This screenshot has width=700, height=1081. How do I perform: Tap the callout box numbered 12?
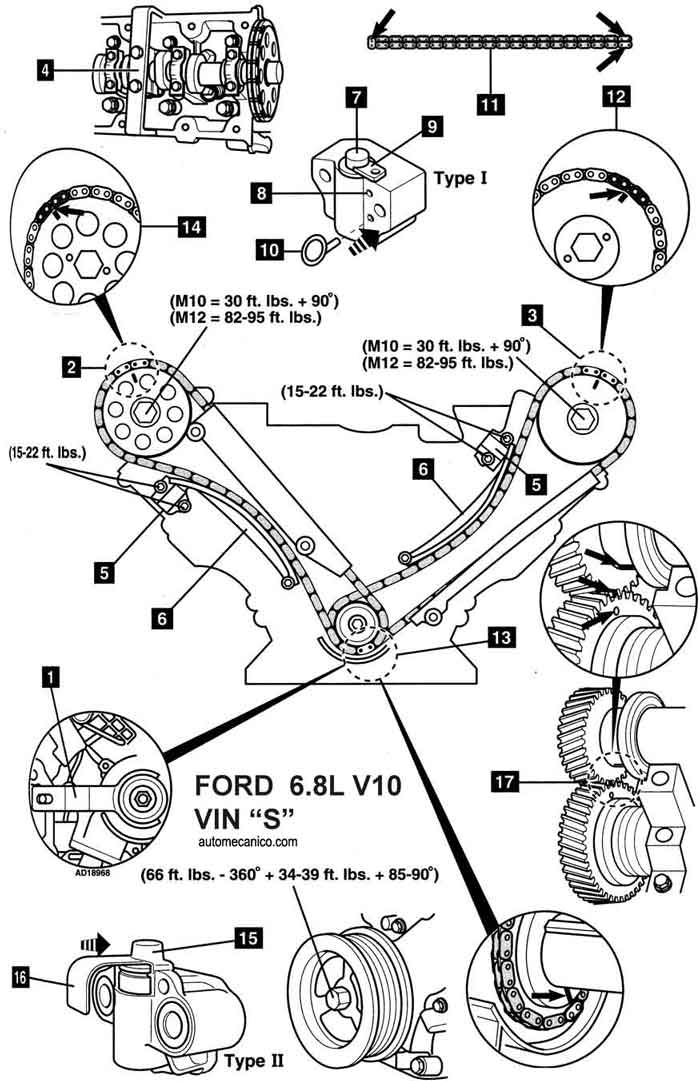coord(615,98)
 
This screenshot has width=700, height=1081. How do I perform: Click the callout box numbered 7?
coord(358,98)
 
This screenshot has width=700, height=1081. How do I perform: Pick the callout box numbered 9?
coord(430,126)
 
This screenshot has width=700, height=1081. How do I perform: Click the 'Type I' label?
coord(462,178)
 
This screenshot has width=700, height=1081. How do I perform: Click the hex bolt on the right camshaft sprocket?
coord(581,418)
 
